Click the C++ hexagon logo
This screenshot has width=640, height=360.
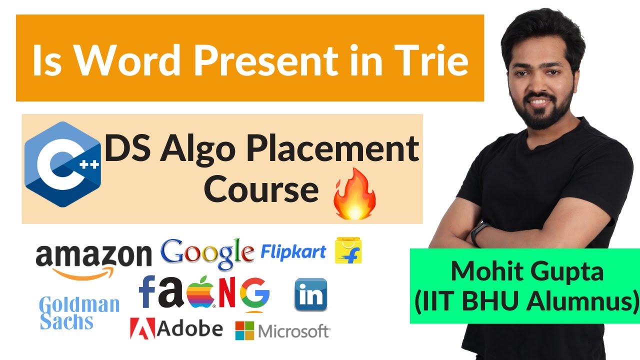pyautogui.click(x=62, y=164)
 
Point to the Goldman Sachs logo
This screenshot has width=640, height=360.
pyautogui.click(x=79, y=312)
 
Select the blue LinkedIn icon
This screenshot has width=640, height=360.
pyautogui.click(x=310, y=295)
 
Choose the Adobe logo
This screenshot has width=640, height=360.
pyautogui.click(x=176, y=328)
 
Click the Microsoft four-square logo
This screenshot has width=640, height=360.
pyautogui.click(x=244, y=330)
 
